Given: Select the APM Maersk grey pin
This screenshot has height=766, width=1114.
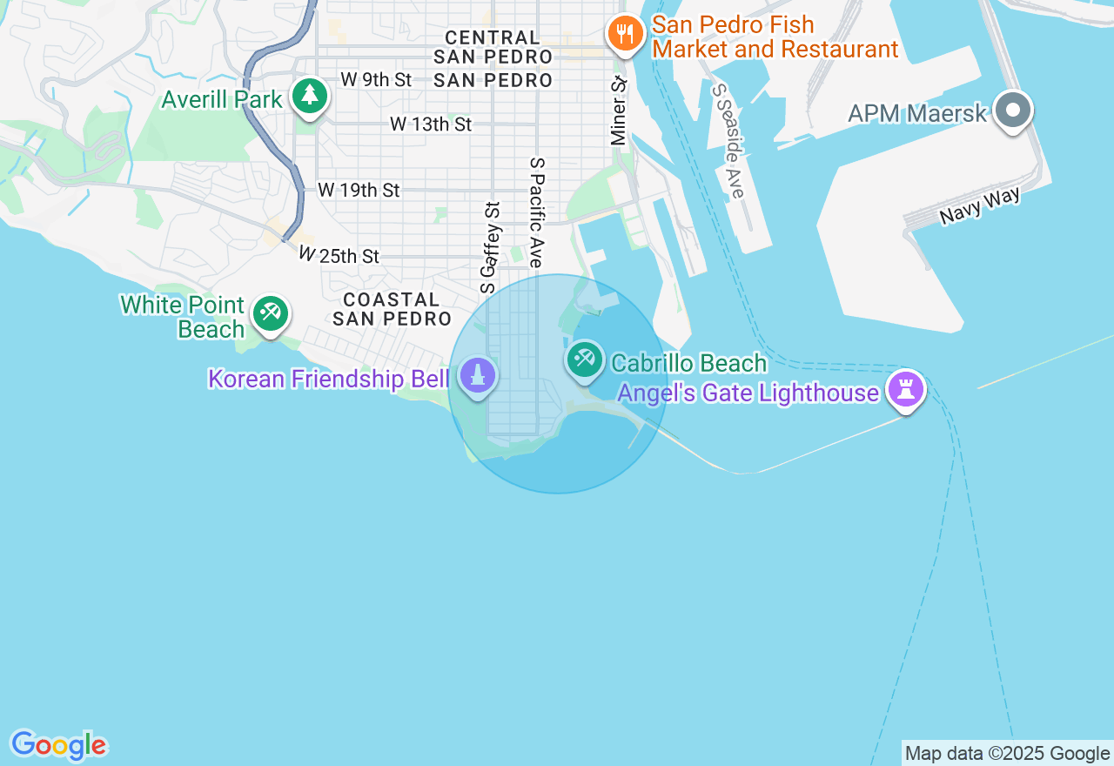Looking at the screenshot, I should (1013, 111).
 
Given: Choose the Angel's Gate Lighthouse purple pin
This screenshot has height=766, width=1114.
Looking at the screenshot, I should (905, 390).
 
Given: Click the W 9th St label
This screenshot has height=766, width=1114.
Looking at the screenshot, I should (376, 79).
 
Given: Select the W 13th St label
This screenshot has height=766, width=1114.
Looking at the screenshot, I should (431, 124).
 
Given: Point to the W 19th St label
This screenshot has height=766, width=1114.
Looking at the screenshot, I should (359, 190).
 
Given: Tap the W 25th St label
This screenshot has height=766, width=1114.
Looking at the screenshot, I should (339, 256).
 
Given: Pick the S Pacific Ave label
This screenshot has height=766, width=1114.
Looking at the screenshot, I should (536, 212).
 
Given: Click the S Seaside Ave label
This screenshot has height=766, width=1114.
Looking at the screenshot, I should (728, 140).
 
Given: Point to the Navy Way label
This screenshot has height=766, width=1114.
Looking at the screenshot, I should (979, 207).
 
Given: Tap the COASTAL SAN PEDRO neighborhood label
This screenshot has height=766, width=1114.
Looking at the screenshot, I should (392, 309).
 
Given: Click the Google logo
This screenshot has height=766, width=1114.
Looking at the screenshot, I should (58, 746).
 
